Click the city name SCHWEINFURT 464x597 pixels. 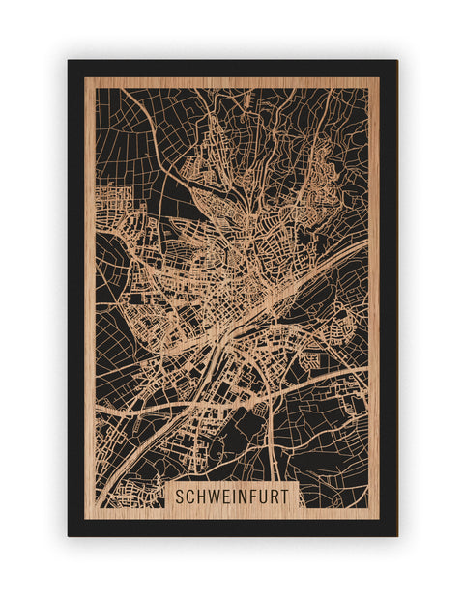[232, 496]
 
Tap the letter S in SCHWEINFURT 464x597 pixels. [180, 496]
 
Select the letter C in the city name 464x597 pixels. [190, 496]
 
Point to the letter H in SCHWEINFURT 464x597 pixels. [201, 496]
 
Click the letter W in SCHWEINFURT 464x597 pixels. [214, 496]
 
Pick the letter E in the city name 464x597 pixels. [225, 496]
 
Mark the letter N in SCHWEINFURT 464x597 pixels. [242, 496]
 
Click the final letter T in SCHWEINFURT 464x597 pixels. [285, 496]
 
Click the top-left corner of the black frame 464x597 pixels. [68, 60]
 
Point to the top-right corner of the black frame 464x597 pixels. [397, 60]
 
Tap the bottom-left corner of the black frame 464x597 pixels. [68, 536]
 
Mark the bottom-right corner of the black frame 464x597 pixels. [397, 536]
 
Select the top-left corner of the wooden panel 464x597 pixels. [84, 77]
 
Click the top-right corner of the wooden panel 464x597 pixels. [380, 77]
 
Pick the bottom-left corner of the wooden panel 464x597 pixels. [84, 520]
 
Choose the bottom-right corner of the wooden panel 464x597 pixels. [380, 520]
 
